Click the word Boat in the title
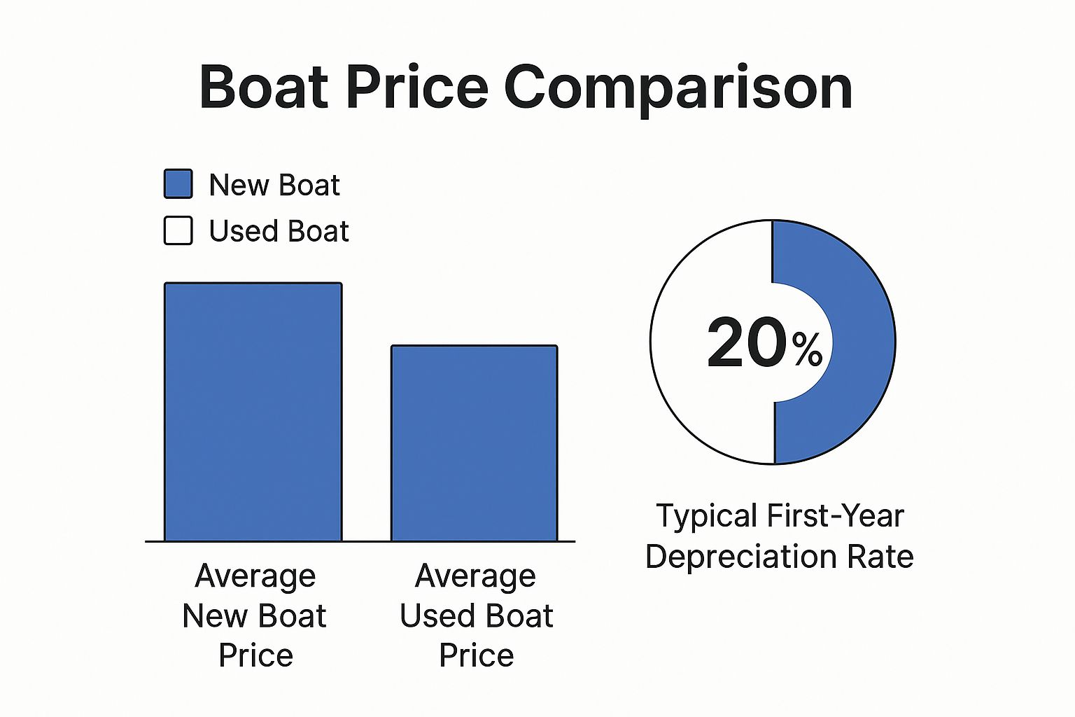pyautogui.click(x=263, y=88)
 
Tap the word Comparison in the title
pyautogui.click(x=678, y=90)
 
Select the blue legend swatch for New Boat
pyautogui.click(x=178, y=183)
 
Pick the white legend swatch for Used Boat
pyautogui.click(x=178, y=230)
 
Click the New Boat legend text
pyautogui.click(x=274, y=185)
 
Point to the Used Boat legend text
pyautogui.click(x=279, y=231)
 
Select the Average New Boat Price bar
pyautogui.click(x=253, y=412)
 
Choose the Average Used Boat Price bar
pyautogui.click(x=475, y=443)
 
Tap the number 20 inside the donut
pyautogui.click(x=747, y=342)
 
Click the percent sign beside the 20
pyautogui.click(x=807, y=350)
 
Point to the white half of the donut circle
pyautogui.click(x=682, y=342)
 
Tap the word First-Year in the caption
pyautogui.click(x=836, y=515)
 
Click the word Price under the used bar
pyautogui.click(x=476, y=655)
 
